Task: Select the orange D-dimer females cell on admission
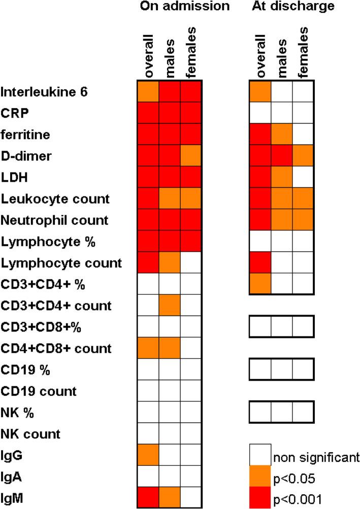click(191, 155)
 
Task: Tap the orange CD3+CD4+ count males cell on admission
click(171, 305)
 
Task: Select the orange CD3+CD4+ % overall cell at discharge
click(260, 284)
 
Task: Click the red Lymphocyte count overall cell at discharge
click(260, 262)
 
